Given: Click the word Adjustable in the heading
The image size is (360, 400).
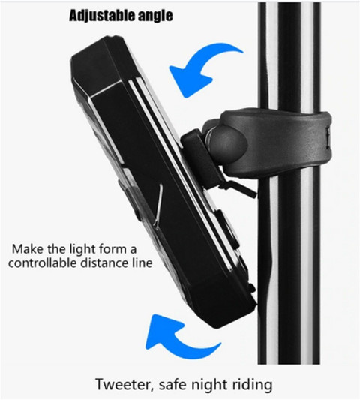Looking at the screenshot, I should point(102,14).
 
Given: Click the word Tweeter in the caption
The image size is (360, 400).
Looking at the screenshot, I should point(125,385).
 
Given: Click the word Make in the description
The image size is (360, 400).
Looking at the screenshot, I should point(27,248).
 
